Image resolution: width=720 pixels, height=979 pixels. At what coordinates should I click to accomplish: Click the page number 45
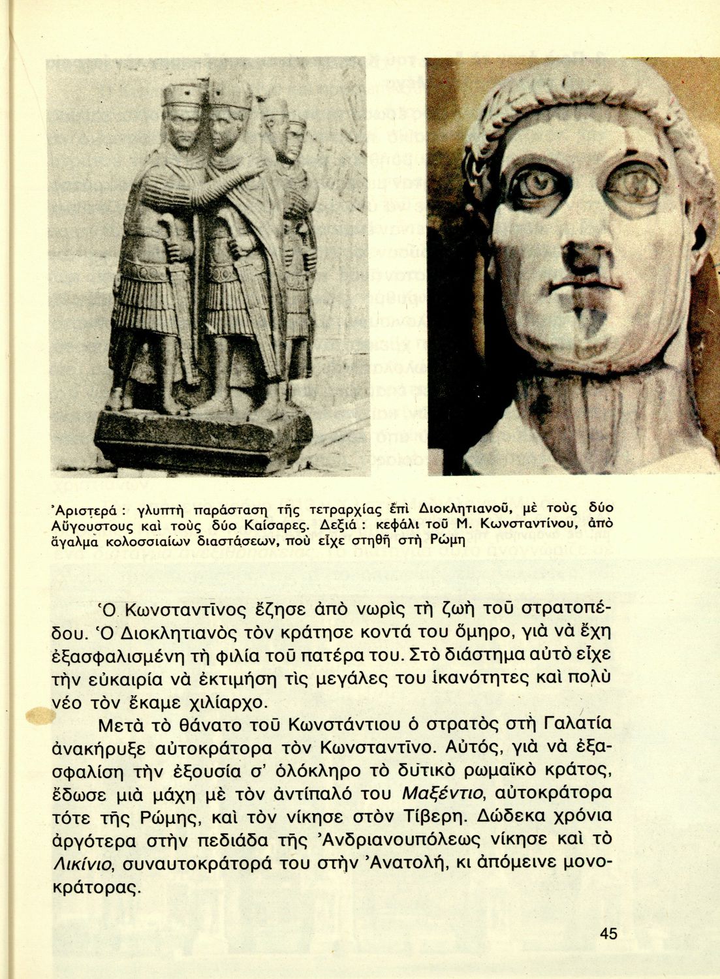coord(608,933)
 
